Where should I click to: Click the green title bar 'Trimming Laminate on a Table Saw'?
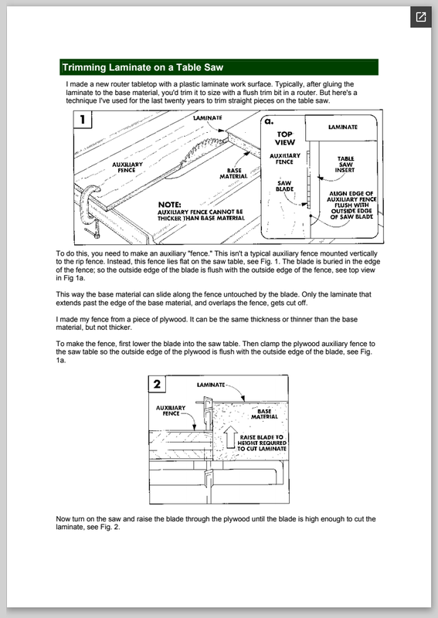point(219,67)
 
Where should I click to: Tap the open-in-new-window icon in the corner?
point(421,17)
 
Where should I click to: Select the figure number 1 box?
point(83,120)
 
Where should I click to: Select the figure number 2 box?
point(157,384)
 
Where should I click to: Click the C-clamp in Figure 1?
point(90,209)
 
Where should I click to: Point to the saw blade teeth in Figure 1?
point(198,152)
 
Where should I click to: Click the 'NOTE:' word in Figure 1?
point(169,205)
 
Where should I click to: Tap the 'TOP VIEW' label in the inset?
point(284,138)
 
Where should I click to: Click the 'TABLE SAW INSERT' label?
point(345,165)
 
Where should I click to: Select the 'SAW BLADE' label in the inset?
point(284,186)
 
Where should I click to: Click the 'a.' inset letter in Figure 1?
point(269,121)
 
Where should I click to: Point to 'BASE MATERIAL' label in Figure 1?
point(234,173)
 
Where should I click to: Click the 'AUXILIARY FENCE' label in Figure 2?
point(171,411)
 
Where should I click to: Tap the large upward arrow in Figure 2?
point(231,438)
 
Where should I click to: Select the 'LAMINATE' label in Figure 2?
point(211,385)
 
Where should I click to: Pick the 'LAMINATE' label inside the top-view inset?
point(343,127)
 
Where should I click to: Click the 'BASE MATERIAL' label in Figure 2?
point(264,414)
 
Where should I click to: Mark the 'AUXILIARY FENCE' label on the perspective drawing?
point(127,168)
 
